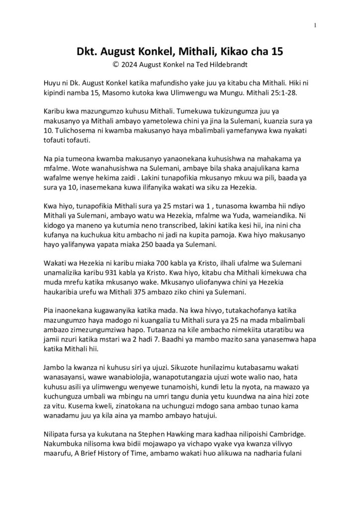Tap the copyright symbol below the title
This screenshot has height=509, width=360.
pyautogui.click(x=116, y=64)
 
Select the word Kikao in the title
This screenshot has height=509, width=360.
pyautogui.click(x=228, y=51)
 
